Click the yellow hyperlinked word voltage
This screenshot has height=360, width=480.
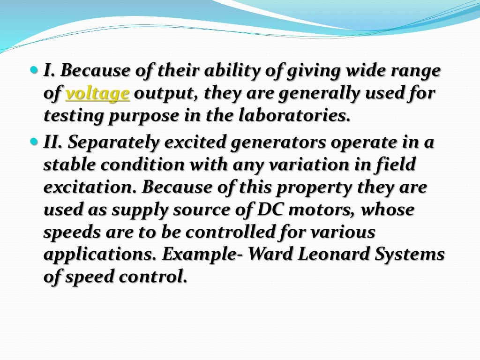coord(97,94)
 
